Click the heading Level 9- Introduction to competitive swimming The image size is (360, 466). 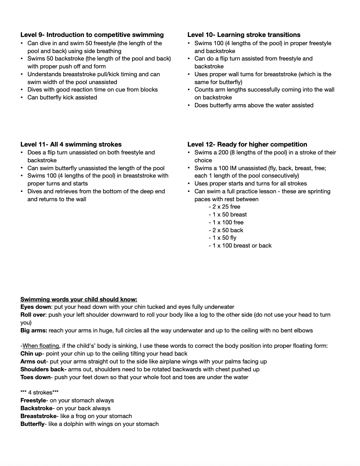[x=92, y=35]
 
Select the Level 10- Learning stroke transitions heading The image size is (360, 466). [x=244, y=35]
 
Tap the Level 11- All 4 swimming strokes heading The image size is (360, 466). [x=71, y=144]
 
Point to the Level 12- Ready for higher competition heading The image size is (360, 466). [x=247, y=144]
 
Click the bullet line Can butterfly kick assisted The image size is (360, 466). [x=62, y=97]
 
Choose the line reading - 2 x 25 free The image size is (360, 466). [x=224, y=207]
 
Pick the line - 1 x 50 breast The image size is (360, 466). [x=228, y=215]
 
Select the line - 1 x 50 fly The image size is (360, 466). [x=222, y=238]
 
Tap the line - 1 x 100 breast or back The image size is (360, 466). [x=240, y=246]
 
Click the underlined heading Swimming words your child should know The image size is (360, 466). [x=79, y=299]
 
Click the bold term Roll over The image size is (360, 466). [x=33, y=315]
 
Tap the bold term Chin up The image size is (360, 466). [x=31, y=354]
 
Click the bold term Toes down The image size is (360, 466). [x=35, y=377]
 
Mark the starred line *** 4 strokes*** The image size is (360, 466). [x=40, y=393]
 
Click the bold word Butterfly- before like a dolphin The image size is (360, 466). [x=33, y=424]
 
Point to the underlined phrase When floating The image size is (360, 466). [x=40, y=346]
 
